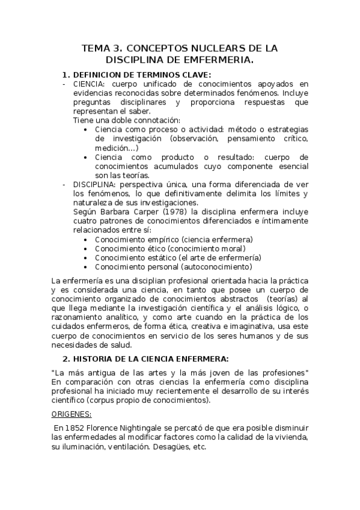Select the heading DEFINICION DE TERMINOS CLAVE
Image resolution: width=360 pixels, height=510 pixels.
(x=142, y=74)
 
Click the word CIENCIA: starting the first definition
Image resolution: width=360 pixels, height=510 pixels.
(x=90, y=84)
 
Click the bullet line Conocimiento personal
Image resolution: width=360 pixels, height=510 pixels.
(x=174, y=266)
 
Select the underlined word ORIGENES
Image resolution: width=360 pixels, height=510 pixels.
(x=71, y=414)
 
